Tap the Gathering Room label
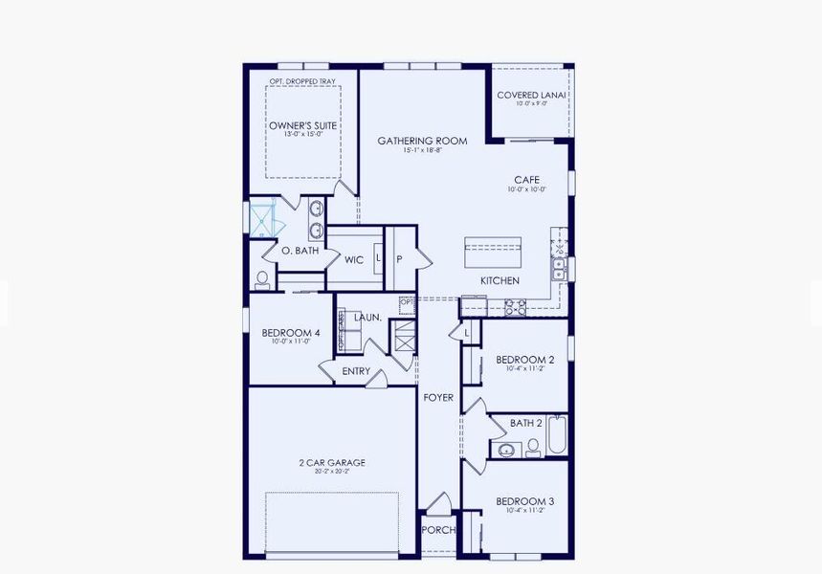pyautogui.click(x=422, y=141)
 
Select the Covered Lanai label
pyautogui.click(x=532, y=95)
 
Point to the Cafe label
pyautogui.click(x=526, y=179)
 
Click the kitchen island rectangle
pyautogui.click(x=493, y=254)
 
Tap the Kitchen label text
pyautogui.click(x=500, y=280)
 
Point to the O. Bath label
pyautogui.click(x=300, y=251)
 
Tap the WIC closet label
pyautogui.click(x=354, y=259)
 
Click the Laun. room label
pyautogui.click(x=367, y=317)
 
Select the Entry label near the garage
pyautogui.click(x=355, y=371)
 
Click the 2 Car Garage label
pyautogui.click(x=331, y=463)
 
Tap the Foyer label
pyautogui.click(x=438, y=397)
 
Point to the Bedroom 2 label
pyautogui.click(x=524, y=360)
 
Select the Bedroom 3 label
pyautogui.click(x=524, y=501)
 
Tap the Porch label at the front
pyautogui.click(x=438, y=530)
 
